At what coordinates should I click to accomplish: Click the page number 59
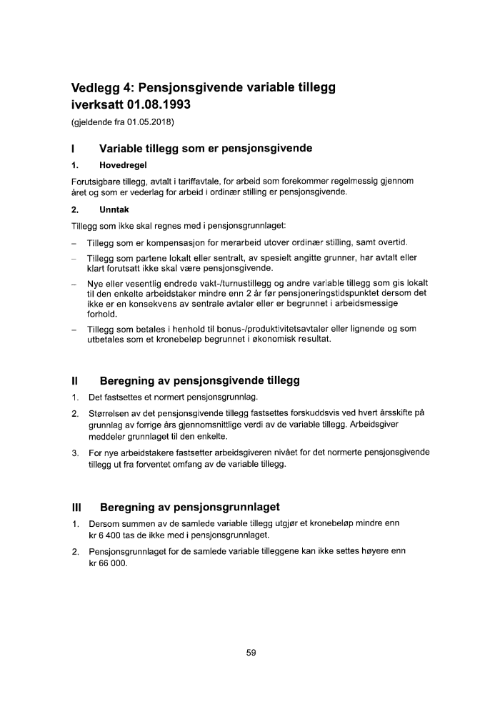coord(250,653)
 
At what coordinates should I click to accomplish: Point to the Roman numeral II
coord(75,380)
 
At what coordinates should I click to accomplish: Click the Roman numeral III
coord(77,508)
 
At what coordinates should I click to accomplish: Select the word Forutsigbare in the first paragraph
coord(96,181)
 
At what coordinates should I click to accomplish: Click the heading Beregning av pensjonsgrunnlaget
coord(189,508)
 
